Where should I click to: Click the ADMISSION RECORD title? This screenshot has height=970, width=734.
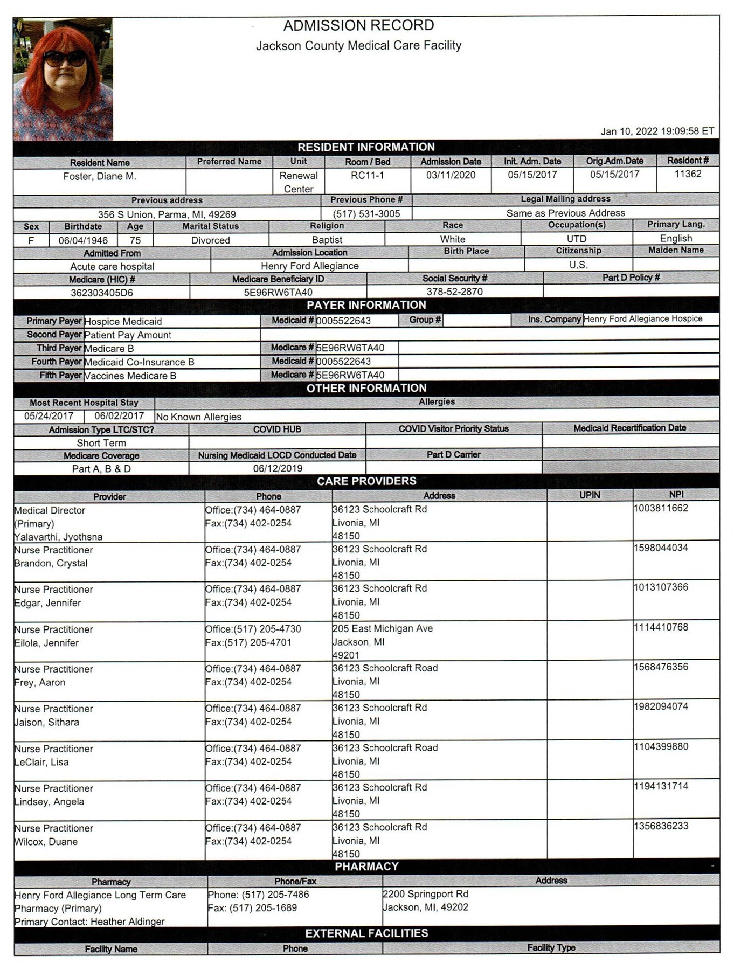pyautogui.click(x=358, y=25)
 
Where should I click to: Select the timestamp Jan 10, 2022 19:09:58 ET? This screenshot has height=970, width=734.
pyautogui.click(x=657, y=131)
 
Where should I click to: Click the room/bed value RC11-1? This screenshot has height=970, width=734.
pyautogui.click(x=367, y=175)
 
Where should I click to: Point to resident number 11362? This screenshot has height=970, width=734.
pyautogui.click(x=688, y=174)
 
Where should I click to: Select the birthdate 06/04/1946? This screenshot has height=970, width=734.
pyautogui.click(x=83, y=240)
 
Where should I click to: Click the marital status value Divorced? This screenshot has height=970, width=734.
pyautogui.click(x=210, y=240)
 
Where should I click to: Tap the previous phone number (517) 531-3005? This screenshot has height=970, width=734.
pyautogui.click(x=366, y=213)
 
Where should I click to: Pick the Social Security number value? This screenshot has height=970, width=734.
pyautogui.click(x=454, y=292)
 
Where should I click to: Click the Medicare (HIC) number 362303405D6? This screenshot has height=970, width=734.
pyautogui.click(x=102, y=293)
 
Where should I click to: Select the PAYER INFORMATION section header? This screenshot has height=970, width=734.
pyautogui.click(x=366, y=305)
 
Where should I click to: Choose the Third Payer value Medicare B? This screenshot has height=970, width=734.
pyautogui.click(x=109, y=348)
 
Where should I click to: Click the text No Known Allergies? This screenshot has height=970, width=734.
pyautogui.click(x=198, y=417)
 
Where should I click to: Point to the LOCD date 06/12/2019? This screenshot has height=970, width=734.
pyautogui.click(x=278, y=468)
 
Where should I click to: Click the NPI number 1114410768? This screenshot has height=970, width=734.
pyautogui.click(x=661, y=627)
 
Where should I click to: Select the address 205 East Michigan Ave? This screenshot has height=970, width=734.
pyautogui.click(x=383, y=628)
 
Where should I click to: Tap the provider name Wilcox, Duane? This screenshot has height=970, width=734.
pyautogui.click(x=46, y=841)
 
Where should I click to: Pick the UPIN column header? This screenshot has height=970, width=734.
pyautogui.click(x=590, y=495)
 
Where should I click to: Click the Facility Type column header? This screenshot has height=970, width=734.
pyautogui.click(x=551, y=947)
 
